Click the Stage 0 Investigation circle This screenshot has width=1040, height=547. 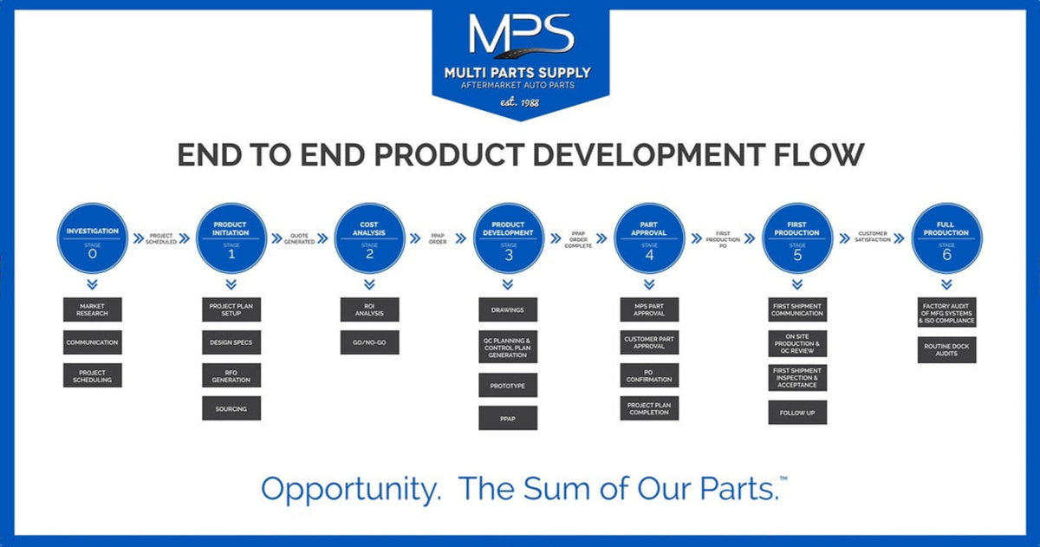[91, 239]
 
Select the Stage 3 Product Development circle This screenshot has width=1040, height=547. [509, 239]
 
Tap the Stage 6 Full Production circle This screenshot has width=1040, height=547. [946, 239]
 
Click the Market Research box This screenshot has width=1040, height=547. [92, 309]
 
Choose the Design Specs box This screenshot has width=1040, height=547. [231, 342]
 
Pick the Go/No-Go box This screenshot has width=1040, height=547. [369, 342]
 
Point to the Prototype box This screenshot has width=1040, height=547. [508, 385]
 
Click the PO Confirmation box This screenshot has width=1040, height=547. [649, 375]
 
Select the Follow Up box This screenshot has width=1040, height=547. [797, 413]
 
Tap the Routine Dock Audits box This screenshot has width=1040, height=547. [946, 349]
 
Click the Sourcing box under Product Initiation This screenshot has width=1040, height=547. [231, 408]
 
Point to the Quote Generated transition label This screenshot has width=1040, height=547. [300, 239]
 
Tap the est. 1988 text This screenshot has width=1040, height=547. [520, 103]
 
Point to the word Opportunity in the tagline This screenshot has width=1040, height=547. [349, 489]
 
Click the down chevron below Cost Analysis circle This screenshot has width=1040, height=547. [369, 284]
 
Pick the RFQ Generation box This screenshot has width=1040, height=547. [231, 375]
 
